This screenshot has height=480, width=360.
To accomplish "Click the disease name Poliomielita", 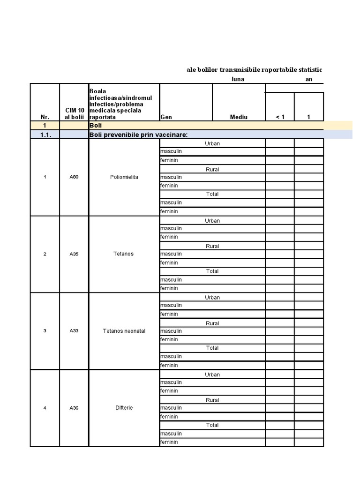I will [124, 177].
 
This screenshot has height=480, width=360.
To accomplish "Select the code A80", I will [74, 177].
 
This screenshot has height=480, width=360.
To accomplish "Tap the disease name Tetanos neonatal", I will [124, 331].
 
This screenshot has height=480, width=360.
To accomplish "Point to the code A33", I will [74, 331].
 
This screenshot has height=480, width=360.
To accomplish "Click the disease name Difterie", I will [124, 408].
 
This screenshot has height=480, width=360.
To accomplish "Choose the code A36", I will [74, 408].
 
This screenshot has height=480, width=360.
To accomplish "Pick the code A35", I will [74, 254].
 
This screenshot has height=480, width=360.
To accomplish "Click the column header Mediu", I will [239, 117].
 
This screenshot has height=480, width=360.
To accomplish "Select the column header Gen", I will [165, 117].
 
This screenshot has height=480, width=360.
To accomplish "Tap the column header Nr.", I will [45, 117].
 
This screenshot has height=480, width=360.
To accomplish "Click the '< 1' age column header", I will [280, 117].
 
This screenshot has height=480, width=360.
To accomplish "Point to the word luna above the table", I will [238, 79].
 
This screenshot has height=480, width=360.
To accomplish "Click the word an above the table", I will [309, 79].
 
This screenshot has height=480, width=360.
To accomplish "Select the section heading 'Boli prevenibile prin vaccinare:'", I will [138, 135].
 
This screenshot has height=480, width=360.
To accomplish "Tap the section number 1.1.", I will [45, 135].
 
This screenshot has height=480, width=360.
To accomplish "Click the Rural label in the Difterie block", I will [212, 400].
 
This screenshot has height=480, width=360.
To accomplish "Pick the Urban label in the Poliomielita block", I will [212, 143].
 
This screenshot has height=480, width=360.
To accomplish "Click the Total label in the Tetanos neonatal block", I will [212, 348].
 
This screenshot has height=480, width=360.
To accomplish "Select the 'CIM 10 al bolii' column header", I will [74, 113].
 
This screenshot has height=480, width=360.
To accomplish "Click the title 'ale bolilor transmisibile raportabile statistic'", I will [254, 70].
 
